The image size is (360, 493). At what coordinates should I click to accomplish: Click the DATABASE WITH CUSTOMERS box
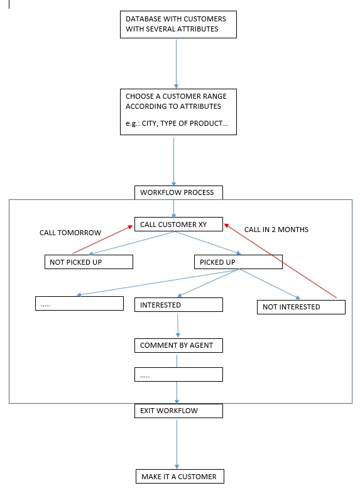(178, 25)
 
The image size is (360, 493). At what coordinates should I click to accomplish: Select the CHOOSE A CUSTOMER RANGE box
(178, 112)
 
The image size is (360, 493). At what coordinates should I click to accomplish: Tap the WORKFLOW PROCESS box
(178, 192)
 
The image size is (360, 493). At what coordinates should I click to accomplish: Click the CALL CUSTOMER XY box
(178, 224)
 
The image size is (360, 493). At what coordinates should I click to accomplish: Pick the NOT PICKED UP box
(89, 262)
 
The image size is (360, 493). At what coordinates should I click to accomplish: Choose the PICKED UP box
(238, 262)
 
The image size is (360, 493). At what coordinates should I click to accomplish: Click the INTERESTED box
(178, 304)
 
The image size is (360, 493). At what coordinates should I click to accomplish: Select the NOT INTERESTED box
(301, 307)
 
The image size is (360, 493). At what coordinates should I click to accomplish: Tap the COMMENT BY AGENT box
(178, 346)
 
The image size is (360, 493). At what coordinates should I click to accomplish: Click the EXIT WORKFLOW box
(178, 411)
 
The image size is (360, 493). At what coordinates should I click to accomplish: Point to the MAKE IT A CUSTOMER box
(180, 477)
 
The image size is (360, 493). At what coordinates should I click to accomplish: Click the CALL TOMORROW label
(70, 233)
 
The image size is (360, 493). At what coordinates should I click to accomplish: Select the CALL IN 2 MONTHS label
(276, 230)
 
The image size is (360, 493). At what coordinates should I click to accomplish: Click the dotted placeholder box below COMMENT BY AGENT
(178, 375)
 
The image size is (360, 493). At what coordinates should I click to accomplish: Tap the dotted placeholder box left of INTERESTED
(79, 303)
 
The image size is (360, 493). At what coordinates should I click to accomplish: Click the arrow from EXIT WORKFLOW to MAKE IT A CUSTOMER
(177, 444)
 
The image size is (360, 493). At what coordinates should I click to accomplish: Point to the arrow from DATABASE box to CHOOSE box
(176, 64)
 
